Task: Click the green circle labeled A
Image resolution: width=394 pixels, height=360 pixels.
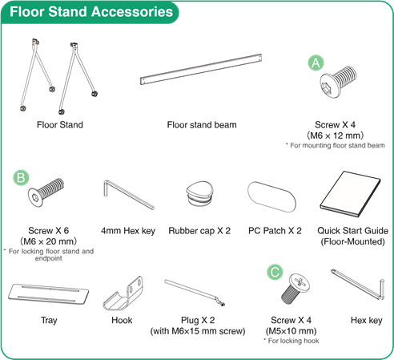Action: [316, 63]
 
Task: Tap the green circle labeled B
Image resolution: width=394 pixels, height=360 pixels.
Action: [21, 177]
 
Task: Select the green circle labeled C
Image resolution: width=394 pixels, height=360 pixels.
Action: [275, 272]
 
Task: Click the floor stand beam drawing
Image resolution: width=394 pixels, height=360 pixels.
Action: [201, 70]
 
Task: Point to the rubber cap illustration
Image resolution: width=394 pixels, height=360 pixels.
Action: [200, 194]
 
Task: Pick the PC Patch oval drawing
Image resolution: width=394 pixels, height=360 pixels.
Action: [271, 197]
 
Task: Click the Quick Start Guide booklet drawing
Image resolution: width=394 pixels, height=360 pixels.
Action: [351, 194]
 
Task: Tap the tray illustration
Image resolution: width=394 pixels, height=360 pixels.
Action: [48, 293]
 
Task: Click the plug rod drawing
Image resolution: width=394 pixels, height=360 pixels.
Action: [195, 293]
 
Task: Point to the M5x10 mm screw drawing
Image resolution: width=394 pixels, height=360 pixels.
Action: [295, 289]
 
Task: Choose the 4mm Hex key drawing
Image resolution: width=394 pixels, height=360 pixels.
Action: [128, 195]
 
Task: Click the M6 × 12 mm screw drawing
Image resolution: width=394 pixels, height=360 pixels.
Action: [338, 82]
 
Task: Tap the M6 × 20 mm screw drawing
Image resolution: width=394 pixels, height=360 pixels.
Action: [46, 192]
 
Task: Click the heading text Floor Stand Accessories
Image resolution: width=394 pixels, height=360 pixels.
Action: [91, 12]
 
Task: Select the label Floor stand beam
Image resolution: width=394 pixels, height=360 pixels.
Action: [202, 125]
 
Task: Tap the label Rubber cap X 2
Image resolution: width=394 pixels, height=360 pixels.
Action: [199, 231]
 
